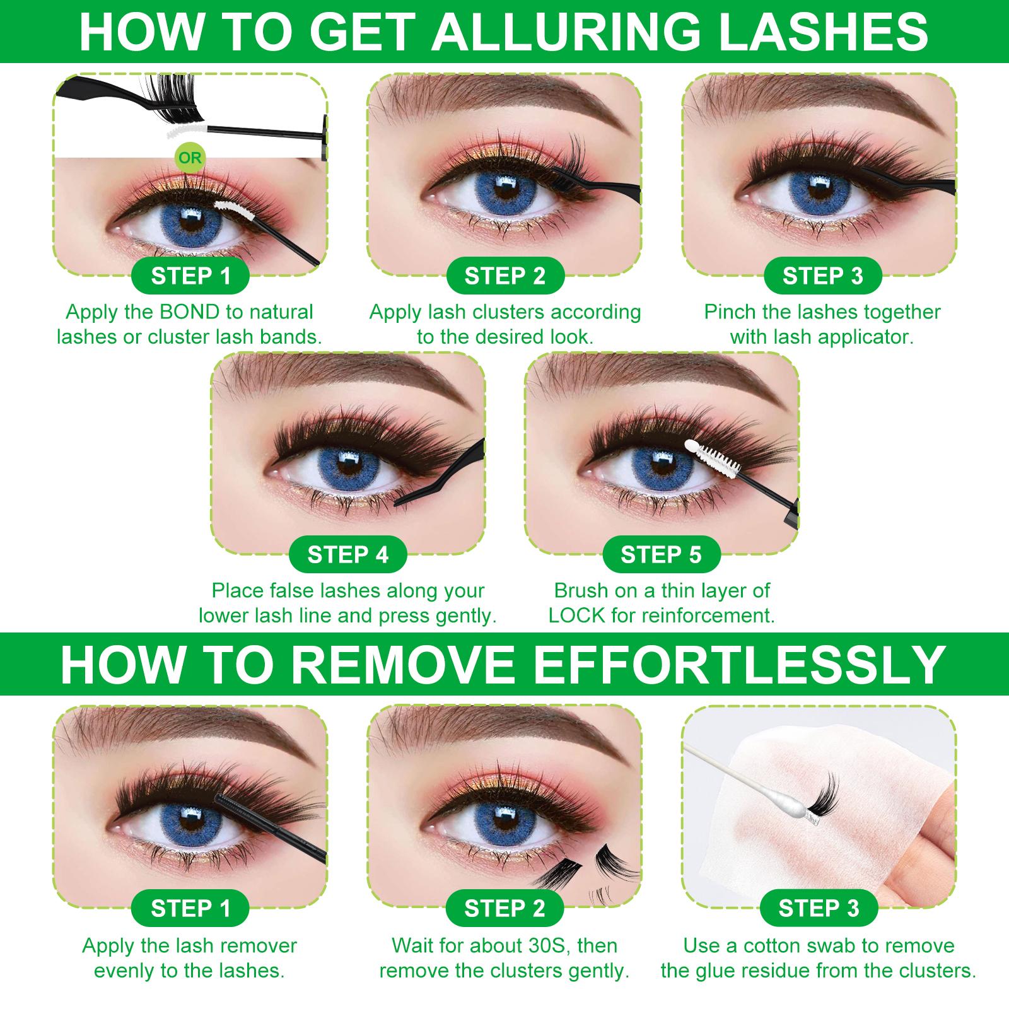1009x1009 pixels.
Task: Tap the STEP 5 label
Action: (660, 554)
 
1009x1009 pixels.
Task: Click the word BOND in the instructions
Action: (189, 312)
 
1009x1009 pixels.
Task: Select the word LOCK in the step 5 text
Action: (576, 615)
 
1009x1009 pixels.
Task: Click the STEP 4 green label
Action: (347, 554)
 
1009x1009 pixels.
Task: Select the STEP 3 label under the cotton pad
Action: (819, 908)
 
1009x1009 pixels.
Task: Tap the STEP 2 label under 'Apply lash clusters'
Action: (504, 276)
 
